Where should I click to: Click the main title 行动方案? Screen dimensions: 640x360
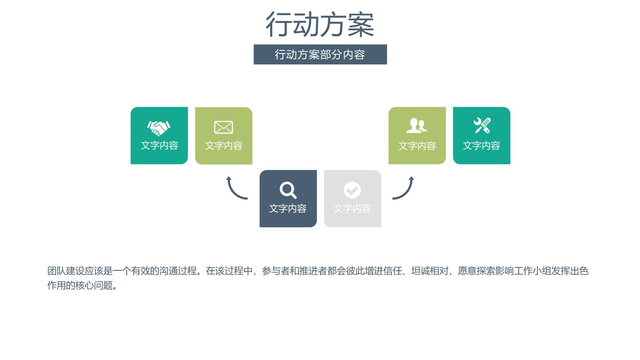point(320,24)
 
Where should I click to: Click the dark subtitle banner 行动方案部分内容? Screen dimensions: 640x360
point(320,54)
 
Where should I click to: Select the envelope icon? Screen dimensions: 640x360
point(223,127)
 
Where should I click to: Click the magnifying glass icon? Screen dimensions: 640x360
point(288,190)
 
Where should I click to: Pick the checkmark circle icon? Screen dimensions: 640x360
point(352,190)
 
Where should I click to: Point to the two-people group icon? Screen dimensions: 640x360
point(417,126)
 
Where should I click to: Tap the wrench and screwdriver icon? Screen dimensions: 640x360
point(482,126)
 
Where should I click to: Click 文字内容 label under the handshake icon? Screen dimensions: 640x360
point(160,145)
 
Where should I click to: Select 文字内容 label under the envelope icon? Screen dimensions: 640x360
point(224,146)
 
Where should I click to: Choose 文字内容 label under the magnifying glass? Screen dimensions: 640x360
point(288,209)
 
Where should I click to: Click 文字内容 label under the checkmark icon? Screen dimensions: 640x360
point(352,209)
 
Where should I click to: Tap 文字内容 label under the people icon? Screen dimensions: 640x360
point(417,146)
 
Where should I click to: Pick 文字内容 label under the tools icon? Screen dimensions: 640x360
point(481,146)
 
